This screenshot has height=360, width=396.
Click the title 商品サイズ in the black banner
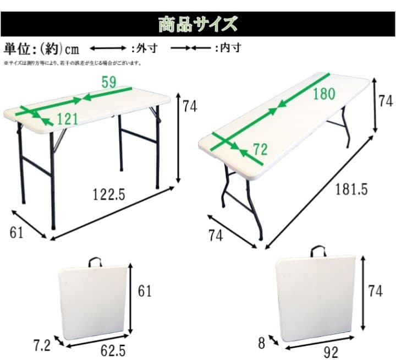[x=198, y=24]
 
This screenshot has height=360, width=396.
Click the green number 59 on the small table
[x=109, y=83]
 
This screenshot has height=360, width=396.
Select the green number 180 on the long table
[x=323, y=94]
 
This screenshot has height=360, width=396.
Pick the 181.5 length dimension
[x=351, y=189]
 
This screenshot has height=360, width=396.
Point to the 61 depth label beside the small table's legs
[x=16, y=233]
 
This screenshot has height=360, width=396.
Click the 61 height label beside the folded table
[x=144, y=290]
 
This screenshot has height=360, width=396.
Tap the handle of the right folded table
[x=317, y=253]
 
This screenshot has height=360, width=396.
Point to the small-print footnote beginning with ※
[x=71, y=63]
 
